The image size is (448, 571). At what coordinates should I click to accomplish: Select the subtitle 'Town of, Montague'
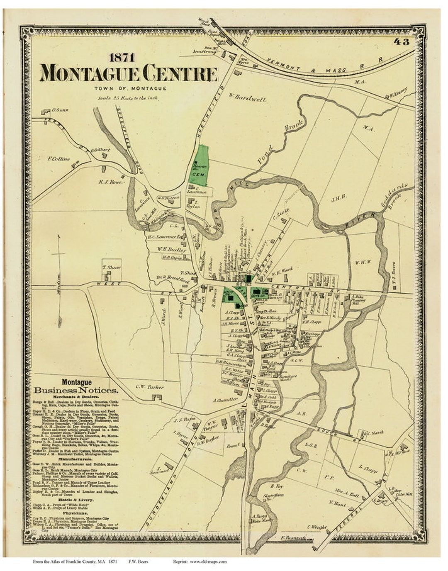click(130, 88)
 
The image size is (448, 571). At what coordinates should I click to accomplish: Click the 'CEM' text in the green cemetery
click(196, 175)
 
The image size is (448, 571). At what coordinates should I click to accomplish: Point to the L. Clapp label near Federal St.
click(368, 470)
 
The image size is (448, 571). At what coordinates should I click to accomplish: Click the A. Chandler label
click(225, 400)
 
